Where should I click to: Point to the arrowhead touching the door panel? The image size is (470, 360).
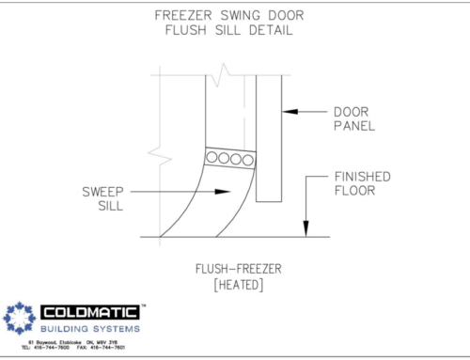pos(289,112)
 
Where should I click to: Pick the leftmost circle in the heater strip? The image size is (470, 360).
pos(212,159)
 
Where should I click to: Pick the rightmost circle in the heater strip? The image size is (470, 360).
pos(248,159)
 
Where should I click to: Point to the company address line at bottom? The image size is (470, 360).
pos(79,343)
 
